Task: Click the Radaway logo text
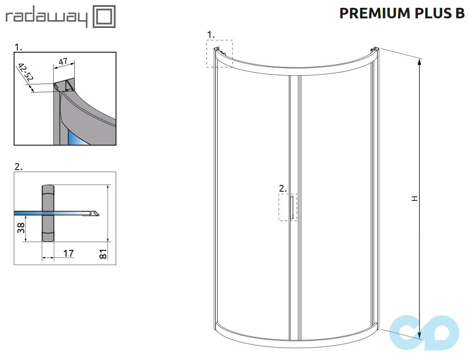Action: point(46,18)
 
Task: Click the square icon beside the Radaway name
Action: point(104,17)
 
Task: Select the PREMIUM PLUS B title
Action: point(402,14)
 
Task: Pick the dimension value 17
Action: point(68,253)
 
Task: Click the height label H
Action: point(414,199)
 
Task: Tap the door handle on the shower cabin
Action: point(291,207)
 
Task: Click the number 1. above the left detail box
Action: point(18,47)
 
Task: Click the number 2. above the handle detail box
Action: point(18,167)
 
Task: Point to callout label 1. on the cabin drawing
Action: point(211,34)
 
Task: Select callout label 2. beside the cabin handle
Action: point(283,188)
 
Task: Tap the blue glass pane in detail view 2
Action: point(28,213)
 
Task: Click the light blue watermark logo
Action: point(424,332)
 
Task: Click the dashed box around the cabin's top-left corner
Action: point(219,54)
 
